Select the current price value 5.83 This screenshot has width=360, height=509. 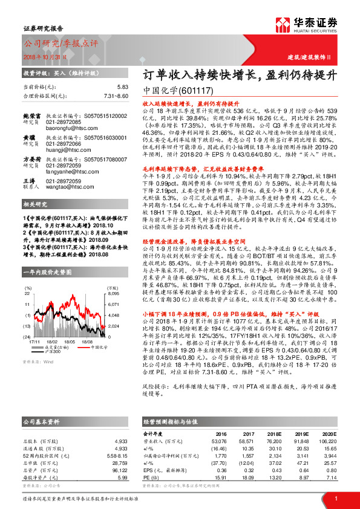click(123, 87)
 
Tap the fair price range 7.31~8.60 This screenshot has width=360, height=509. click(116, 96)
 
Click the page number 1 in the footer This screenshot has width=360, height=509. click(335, 499)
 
